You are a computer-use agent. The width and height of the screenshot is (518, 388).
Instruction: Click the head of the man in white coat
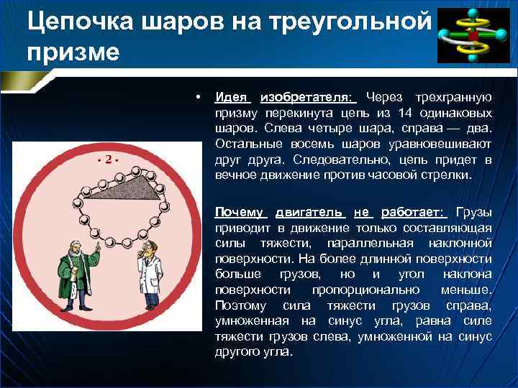[x=145, y=249]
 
